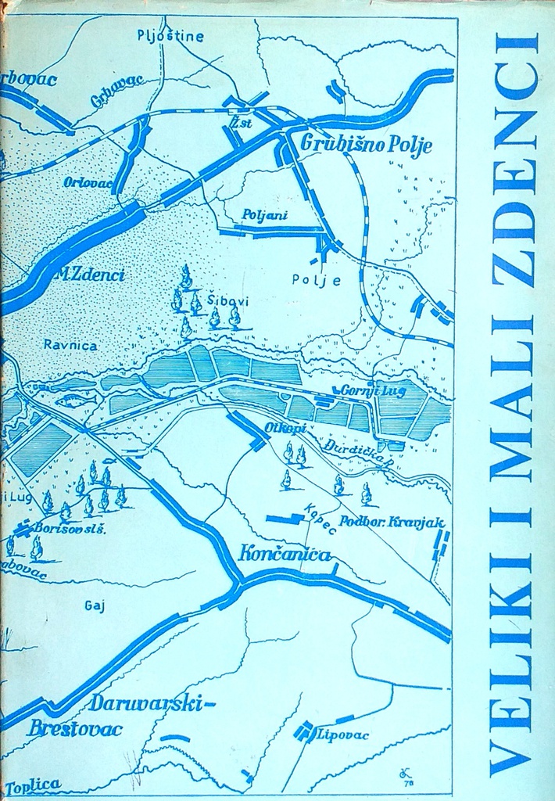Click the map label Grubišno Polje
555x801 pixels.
[367, 145]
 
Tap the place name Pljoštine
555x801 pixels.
[170, 35]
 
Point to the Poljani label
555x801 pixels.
[260, 214]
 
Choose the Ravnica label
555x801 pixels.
[70, 344]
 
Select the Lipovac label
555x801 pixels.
[342, 735]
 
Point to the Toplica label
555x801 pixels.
[32, 785]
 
